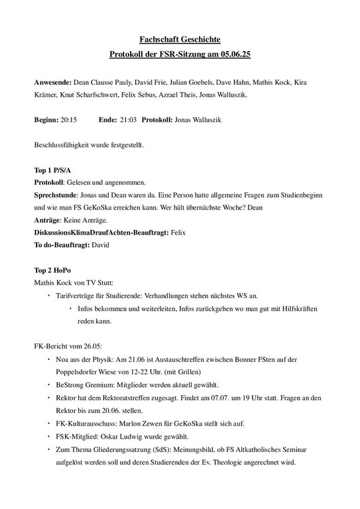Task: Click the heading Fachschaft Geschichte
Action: [x=180, y=41]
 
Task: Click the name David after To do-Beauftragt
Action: [x=99, y=245]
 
